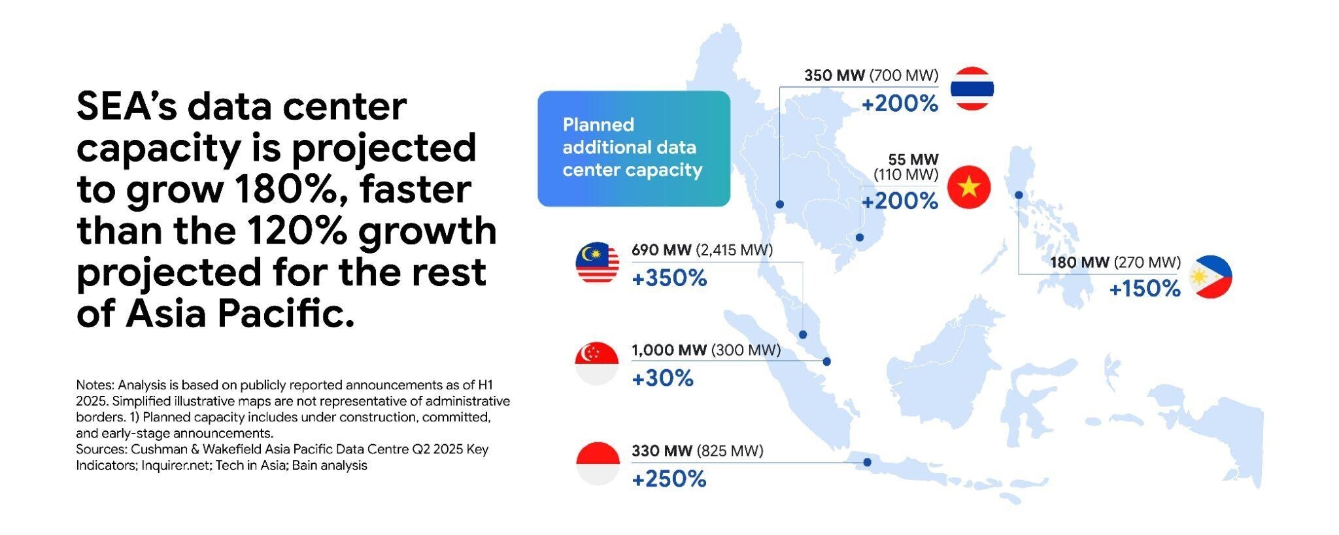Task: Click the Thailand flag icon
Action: point(972,88)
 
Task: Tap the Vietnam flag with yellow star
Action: point(969,187)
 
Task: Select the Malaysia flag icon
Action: point(597,263)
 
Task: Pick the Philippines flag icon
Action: point(1210,277)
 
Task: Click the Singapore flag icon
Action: point(597,363)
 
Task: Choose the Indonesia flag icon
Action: point(598,464)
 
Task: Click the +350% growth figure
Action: point(669,278)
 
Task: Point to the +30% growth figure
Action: point(662,378)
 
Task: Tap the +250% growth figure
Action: point(669,479)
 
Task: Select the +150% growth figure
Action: point(1145,288)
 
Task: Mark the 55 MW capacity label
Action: point(913,159)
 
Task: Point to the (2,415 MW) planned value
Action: point(734,250)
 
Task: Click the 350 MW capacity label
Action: point(834,75)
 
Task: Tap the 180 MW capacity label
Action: point(1079,262)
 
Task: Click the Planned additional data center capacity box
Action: point(634,148)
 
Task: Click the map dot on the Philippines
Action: point(1019,195)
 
